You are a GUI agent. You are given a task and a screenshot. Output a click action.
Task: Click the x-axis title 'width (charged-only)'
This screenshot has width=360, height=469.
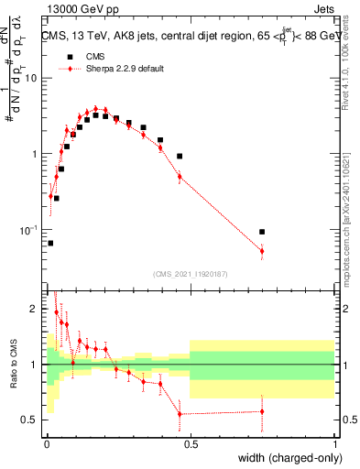(284, 458)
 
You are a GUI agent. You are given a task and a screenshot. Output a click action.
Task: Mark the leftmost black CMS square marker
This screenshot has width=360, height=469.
(49, 243)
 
